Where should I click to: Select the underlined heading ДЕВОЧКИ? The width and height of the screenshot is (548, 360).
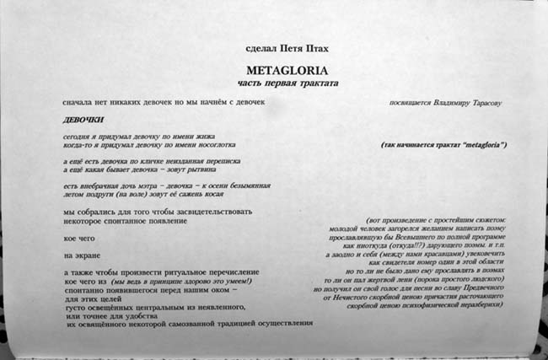[x=83, y=120]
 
